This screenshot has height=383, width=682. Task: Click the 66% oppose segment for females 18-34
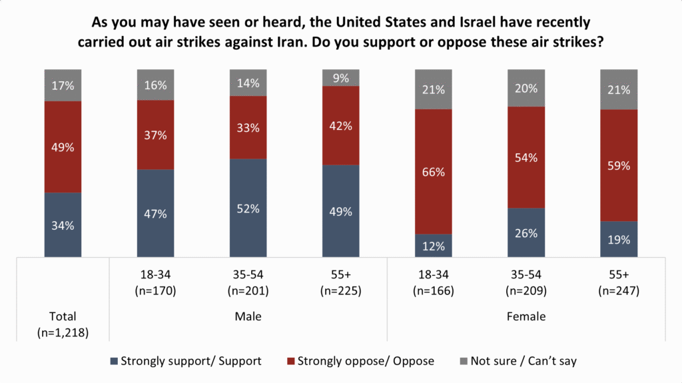point(433,171)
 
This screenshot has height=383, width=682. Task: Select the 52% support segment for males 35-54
point(248,208)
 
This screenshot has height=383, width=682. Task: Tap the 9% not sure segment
point(340,78)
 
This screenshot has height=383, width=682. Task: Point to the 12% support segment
point(433,246)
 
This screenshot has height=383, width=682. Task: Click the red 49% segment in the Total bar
point(63,147)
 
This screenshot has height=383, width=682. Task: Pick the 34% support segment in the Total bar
point(63,224)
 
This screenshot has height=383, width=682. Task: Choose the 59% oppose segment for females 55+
point(619,165)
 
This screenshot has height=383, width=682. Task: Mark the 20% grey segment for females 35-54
point(526,88)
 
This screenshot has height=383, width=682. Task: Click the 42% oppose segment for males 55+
point(340,125)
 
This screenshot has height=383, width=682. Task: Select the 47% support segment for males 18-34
point(155,213)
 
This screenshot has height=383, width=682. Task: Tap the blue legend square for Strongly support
point(114,361)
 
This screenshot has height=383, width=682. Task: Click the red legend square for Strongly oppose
point(291,361)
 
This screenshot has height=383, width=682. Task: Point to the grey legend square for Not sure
point(464,361)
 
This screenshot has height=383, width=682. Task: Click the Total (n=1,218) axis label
point(63,324)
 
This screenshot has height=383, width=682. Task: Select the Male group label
point(248,316)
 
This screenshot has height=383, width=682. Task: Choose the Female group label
point(526,316)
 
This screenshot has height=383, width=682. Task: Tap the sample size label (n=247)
point(619,290)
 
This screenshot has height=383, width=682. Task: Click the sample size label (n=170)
point(155,290)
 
